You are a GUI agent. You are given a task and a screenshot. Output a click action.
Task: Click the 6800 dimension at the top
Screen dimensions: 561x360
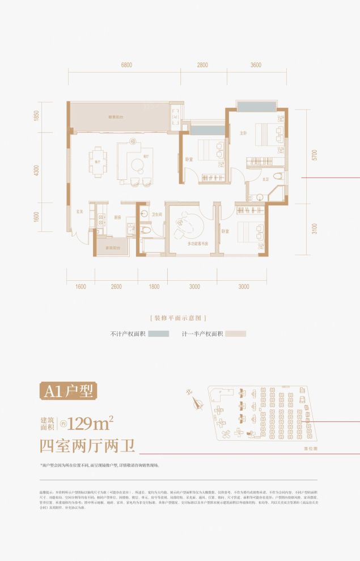coord(126,65)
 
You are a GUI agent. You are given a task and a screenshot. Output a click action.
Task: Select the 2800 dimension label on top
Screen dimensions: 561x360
coord(202,65)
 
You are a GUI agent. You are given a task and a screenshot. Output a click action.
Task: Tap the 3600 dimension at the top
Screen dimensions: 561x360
coord(255,65)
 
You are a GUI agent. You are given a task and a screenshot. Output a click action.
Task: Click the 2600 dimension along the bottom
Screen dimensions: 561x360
coord(117,287)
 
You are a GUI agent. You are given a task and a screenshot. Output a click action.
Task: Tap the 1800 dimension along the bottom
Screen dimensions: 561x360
coord(154,287)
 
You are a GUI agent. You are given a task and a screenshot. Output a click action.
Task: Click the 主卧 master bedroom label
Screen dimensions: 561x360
coord(243,133)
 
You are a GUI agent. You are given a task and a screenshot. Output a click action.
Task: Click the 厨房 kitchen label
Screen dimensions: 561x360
coord(117,217)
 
